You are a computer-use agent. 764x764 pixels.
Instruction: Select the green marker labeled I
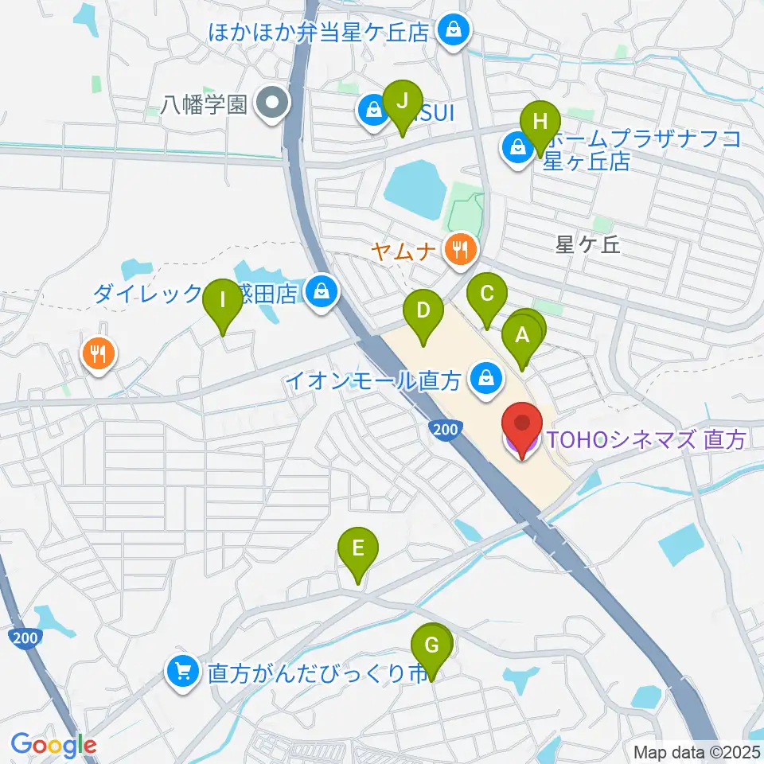click(223, 302)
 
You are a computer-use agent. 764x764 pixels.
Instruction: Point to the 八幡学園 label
click(204, 104)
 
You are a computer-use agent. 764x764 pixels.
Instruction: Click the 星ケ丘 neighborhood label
click(588, 244)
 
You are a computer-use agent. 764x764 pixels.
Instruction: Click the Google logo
click(53, 745)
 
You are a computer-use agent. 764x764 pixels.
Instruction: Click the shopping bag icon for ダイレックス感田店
click(322, 293)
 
